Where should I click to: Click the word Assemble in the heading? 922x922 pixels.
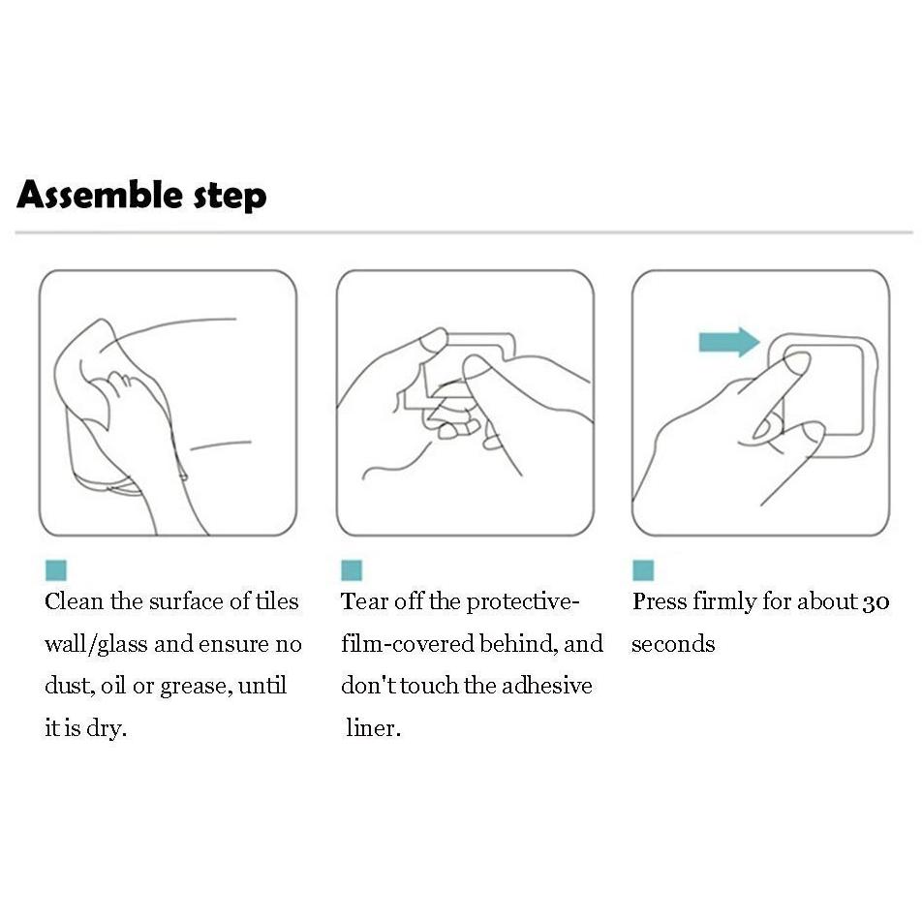(x=100, y=195)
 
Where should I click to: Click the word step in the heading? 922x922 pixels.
(x=230, y=197)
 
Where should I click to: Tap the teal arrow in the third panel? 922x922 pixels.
(x=729, y=342)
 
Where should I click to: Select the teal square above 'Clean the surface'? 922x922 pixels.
(x=56, y=570)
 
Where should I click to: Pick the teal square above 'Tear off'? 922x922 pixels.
(x=352, y=570)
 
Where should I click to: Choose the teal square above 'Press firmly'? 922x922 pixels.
(x=643, y=570)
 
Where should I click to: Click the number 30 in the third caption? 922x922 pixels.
(x=876, y=602)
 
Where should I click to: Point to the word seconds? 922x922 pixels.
(x=673, y=644)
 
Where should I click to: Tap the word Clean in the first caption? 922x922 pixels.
(x=74, y=601)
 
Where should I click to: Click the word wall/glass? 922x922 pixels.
(x=96, y=644)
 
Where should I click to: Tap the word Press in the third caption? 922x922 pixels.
(x=660, y=601)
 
